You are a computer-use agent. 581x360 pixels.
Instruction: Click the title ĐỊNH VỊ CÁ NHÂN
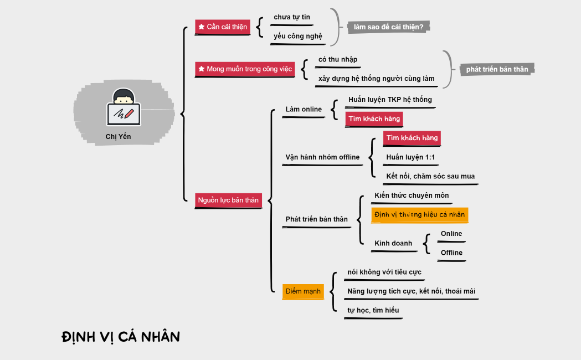tap(121, 336)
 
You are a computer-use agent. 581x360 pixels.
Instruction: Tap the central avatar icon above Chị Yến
tap(123, 109)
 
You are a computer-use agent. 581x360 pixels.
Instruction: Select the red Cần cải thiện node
tap(223, 27)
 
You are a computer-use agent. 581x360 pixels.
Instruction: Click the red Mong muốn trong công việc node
tap(245, 69)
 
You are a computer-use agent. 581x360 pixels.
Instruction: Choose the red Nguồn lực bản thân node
tap(228, 200)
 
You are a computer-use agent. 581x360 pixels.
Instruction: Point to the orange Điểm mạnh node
tap(302, 291)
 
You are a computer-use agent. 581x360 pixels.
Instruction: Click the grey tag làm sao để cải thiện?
tap(389, 27)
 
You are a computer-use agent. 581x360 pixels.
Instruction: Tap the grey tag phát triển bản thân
tap(497, 69)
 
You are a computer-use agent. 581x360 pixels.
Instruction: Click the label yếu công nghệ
tap(297, 37)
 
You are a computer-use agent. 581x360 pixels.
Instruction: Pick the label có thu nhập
tap(337, 60)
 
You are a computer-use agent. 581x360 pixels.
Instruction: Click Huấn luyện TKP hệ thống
tap(390, 100)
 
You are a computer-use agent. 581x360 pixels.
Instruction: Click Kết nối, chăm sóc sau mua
tap(430, 176)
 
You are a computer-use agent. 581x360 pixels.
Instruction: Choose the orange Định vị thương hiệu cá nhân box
tap(420, 214)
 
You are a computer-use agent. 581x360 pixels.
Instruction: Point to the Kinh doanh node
tap(393, 243)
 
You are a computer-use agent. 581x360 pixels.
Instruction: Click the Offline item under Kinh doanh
tap(451, 253)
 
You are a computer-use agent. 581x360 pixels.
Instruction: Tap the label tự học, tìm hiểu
tap(373, 310)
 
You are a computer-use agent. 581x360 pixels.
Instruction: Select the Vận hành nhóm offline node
tap(322, 157)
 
